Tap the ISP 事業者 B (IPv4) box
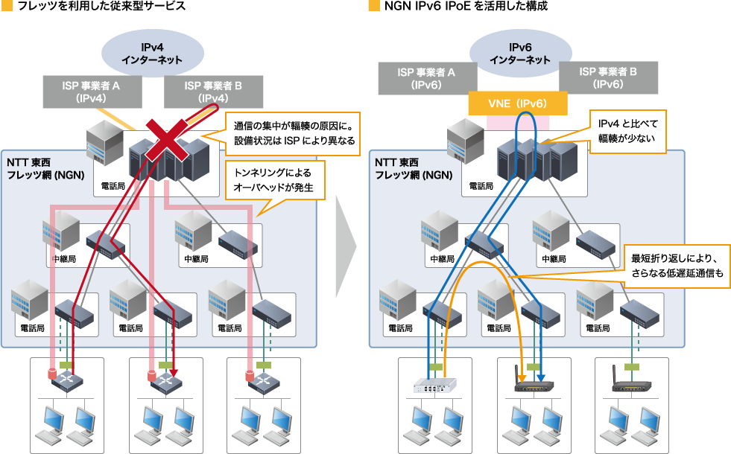(x=213, y=92)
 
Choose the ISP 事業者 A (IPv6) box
(x=426, y=78)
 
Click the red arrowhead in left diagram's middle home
(x=173, y=374)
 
